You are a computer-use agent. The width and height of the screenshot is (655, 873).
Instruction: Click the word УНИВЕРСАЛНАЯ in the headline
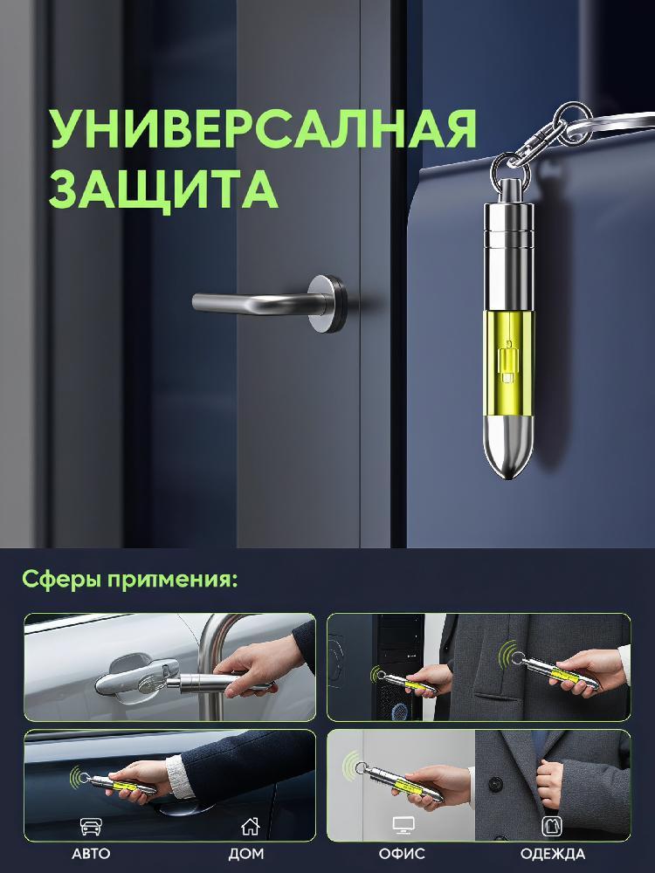tap(264, 128)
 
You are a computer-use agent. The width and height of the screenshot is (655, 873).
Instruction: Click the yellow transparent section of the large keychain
tap(508, 363)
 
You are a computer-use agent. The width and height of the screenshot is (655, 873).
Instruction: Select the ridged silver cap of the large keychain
tap(508, 228)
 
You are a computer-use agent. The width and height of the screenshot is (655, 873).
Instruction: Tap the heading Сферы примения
tap(129, 580)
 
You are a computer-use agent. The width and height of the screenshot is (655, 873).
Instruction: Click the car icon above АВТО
tap(91, 826)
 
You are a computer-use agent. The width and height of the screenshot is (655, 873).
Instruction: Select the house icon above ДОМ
tap(250, 826)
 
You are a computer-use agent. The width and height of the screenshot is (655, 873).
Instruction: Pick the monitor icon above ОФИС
tap(402, 826)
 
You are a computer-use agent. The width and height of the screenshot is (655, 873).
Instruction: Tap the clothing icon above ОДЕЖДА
tap(551, 826)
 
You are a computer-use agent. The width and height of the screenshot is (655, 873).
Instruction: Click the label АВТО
tap(91, 854)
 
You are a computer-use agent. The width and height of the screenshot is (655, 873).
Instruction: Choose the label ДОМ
tap(246, 854)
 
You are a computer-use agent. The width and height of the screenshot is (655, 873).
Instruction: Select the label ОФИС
tap(402, 854)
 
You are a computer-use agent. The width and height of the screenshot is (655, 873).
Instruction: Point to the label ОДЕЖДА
tap(553, 854)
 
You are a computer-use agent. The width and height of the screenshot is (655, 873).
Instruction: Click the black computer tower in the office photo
tap(398, 667)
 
